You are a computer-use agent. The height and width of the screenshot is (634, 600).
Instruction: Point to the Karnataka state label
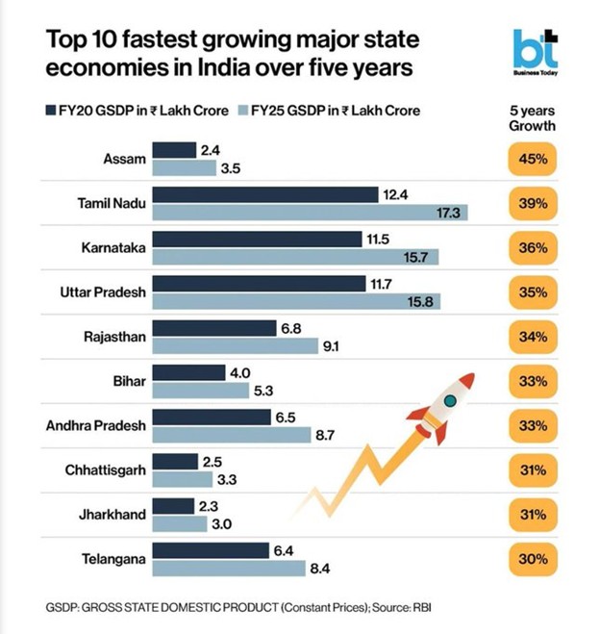113,248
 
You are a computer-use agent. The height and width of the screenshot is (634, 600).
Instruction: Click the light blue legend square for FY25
241,112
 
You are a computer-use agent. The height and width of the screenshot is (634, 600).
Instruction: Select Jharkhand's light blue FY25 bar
179,524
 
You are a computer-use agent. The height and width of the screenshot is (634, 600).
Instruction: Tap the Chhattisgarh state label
106,470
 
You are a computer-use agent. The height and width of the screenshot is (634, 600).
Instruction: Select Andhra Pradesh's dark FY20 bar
211,418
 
